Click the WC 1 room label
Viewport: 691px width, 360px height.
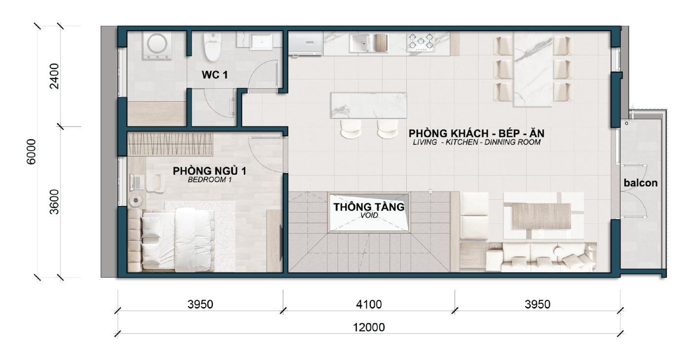pyautogui.click(x=215, y=75)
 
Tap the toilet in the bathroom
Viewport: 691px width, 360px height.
pyautogui.click(x=213, y=47)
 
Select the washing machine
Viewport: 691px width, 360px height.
pyautogui.click(x=157, y=46)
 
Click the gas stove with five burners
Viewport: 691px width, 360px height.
pyautogui.click(x=421, y=42)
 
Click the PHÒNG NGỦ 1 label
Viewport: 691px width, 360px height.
pyautogui.click(x=209, y=171)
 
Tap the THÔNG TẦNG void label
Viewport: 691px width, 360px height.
pyautogui.click(x=369, y=207)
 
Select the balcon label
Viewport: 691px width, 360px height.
pyautogui.click(x=641, y=183)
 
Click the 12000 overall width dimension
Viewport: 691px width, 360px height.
pyautogui.click(x=369, y=327)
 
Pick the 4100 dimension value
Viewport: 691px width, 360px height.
pyautogui.click(x=369, y=304)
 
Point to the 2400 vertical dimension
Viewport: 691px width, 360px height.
pyautogui.click(x=54, y=76)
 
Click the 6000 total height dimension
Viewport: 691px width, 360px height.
pyautogui.click(x=31, y=152)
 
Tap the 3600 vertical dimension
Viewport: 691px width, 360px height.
pyautogui.click(x=54, y=202)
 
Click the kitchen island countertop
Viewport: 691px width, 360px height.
pyautogui.click(x=369, y=106)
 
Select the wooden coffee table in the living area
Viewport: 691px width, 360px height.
pyautogui.click(x=541, y=216)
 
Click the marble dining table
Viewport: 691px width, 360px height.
pyautogui.click(x=533, y=70)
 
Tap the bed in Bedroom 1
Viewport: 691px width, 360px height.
pyautogui.click(x=177, y=240)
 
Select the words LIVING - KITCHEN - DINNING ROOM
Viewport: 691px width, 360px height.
pyautogui.click(x=477, y=142)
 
